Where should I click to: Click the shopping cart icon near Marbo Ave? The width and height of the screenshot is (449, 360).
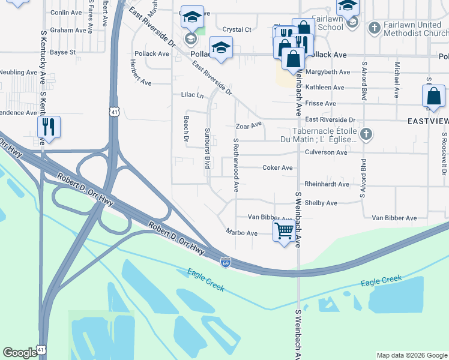click(284, 230)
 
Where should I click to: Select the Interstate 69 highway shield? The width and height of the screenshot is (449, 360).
click(225, 262)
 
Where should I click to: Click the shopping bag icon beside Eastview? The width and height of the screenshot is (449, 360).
click(433, 97)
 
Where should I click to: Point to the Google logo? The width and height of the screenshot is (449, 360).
click(20, 353)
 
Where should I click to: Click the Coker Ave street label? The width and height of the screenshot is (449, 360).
click(277, 168)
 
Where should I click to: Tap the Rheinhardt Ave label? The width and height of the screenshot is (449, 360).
click(327, 184)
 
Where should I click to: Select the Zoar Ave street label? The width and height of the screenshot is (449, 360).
click(249, 126)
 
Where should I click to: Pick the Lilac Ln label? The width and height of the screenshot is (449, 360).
click(193, 95)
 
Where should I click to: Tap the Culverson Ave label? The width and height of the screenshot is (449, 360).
click(326, 152)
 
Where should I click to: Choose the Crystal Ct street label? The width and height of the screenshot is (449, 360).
click(237, 29)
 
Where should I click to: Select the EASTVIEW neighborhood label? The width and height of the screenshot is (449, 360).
click(428, 121)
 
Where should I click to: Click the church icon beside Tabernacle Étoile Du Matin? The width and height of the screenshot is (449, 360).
click(366, 134)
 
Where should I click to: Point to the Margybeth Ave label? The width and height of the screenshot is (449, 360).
click(328, 72)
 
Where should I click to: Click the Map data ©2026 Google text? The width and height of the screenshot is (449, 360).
click(411, 355)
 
